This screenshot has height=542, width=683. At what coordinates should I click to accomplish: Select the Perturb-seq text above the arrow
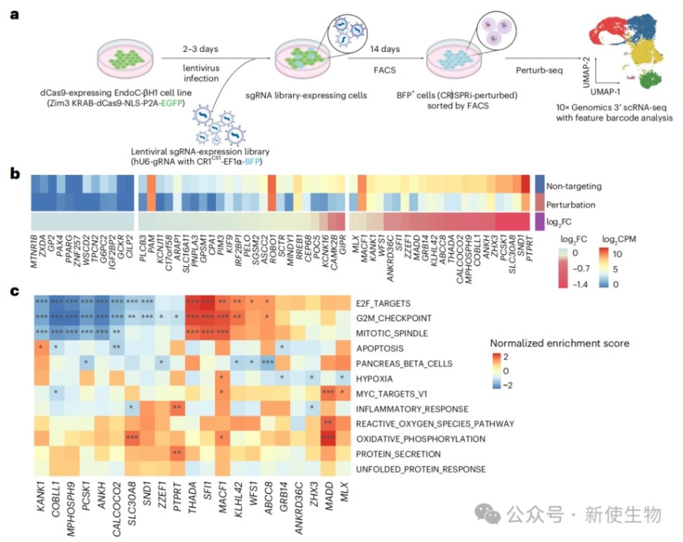(x=534, y=70)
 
